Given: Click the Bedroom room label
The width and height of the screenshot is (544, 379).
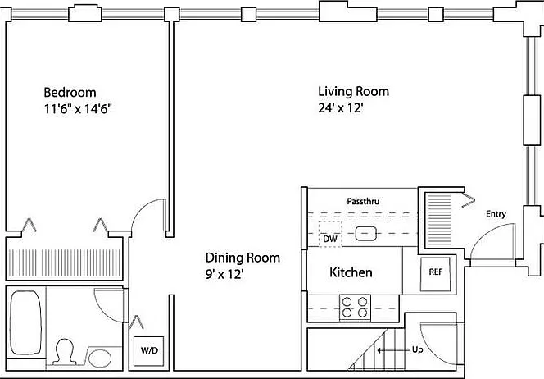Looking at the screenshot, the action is (70, 93).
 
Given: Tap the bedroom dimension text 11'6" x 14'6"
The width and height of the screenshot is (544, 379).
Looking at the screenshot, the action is (78, 109).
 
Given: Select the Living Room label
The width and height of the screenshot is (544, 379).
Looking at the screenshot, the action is (354, 91).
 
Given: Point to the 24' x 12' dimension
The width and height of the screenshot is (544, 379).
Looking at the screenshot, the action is (340, 108).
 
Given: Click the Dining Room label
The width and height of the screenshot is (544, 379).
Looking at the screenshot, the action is (243, 258).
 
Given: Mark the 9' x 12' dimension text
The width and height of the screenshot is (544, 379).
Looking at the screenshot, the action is (224, 275).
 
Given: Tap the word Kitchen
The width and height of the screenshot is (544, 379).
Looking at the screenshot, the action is (351, 272).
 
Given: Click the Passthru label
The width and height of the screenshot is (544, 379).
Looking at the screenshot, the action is (363, 201).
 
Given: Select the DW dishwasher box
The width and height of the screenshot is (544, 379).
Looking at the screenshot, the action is (330, 234).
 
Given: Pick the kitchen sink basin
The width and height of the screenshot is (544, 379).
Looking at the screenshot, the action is (366, 234).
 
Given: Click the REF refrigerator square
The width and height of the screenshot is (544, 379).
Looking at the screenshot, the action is (435, 274).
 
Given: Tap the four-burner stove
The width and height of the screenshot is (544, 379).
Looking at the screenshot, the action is (355, 307).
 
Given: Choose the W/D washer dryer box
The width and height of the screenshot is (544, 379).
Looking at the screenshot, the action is (149, 351).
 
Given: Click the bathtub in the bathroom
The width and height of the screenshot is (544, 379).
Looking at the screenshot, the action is (25, 322).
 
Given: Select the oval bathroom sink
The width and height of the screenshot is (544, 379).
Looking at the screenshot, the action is (100, 358).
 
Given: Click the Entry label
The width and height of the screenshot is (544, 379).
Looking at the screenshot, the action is (496, 214).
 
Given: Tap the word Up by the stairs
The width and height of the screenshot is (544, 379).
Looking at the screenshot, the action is (417, 349).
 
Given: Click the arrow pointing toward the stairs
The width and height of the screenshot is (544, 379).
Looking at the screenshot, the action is (393, 350).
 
